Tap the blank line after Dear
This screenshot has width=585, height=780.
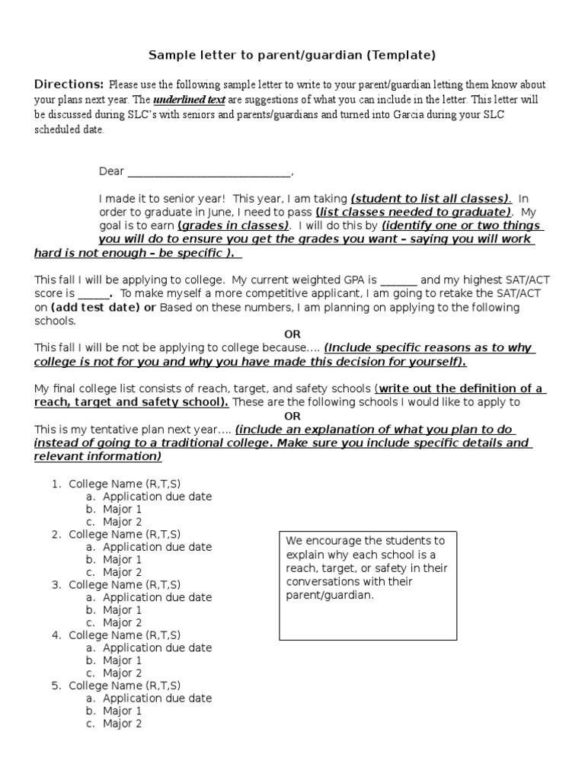click(209, 172)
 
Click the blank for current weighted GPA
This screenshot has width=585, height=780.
click(398, 279)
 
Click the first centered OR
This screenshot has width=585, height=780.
click(292, 334)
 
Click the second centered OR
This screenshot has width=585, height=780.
click(292, 416)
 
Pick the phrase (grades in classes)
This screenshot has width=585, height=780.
click(233, 226)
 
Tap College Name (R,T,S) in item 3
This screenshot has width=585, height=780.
click(125, 584)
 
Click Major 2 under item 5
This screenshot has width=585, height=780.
click(122, 724)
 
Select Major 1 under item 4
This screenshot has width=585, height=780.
click(122, 660)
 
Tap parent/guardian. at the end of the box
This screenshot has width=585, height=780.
click(330, 595)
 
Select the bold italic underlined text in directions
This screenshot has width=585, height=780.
click(189, 100)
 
